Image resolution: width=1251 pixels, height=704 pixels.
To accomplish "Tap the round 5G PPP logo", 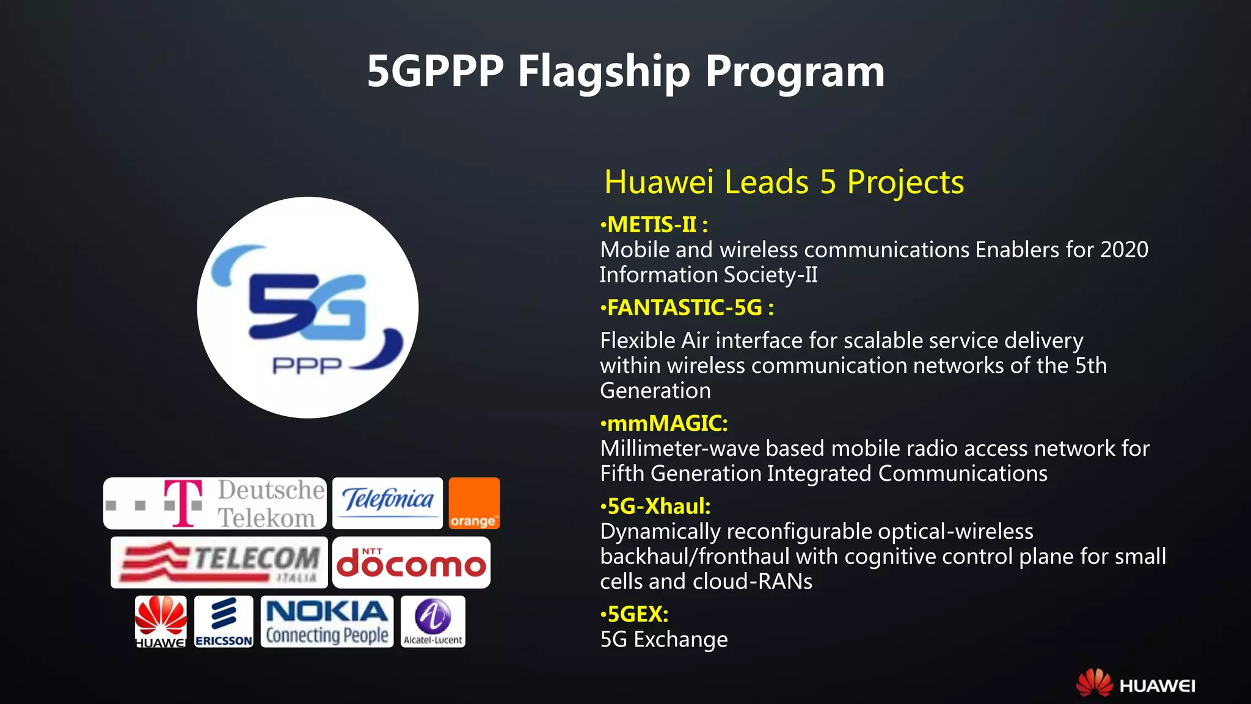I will [308, 307].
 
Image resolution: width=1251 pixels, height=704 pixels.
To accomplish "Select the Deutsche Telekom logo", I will [214, 504].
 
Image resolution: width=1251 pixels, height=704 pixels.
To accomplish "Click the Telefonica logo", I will [387, 503].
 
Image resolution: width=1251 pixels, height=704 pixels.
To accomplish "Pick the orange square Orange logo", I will [474, 503].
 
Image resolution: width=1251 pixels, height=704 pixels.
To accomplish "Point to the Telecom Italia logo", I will [219, 562].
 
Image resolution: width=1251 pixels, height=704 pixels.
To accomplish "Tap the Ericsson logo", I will [224, 621].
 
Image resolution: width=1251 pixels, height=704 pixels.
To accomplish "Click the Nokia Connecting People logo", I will [327, 621].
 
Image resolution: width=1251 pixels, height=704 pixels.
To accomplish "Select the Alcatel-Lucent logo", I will [433, 621].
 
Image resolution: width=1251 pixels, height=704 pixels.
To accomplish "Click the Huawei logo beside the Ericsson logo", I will [161, 621].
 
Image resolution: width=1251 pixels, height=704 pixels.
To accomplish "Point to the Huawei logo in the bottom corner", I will [1136, 683].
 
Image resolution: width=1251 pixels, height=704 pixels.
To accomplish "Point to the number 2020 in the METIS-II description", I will [1124, 250].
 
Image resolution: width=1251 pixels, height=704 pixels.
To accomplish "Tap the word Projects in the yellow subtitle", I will [905, 182].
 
